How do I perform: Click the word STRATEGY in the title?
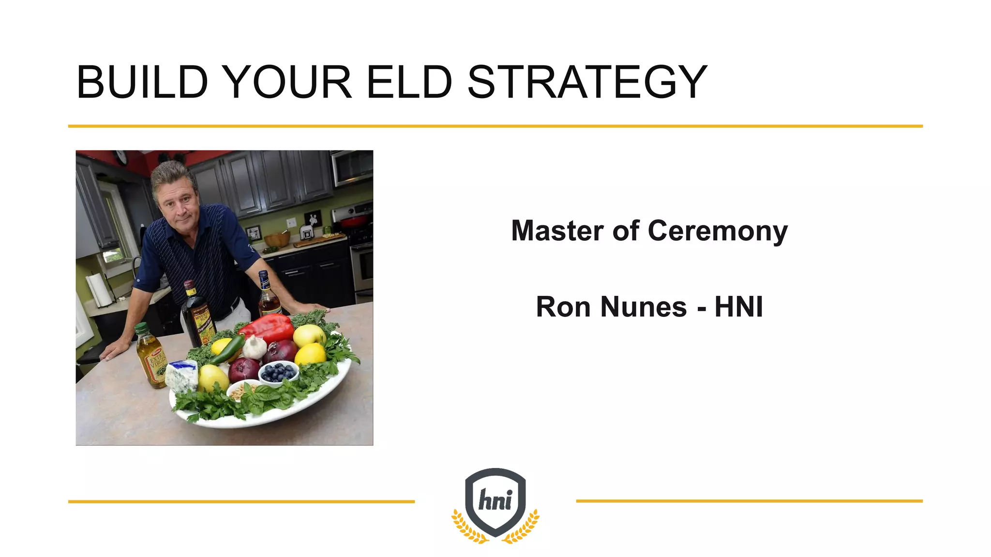point(586,82)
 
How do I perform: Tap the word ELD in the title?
point(409,82)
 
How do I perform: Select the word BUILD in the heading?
point(142,82)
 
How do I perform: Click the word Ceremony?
point(717,231)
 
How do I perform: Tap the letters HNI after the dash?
point(738,307)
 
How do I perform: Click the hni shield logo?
point(495,503)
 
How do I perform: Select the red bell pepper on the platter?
point(268,327)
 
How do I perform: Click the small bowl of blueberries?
point(278,373)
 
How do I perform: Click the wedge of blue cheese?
point(182,375)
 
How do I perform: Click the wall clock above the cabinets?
point(120,157)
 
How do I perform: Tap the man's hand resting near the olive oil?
point(114,349)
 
